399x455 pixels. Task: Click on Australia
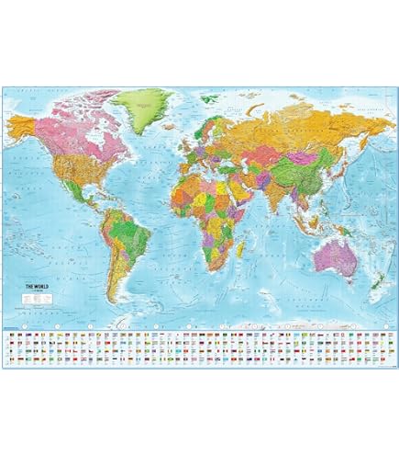point(334,256)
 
